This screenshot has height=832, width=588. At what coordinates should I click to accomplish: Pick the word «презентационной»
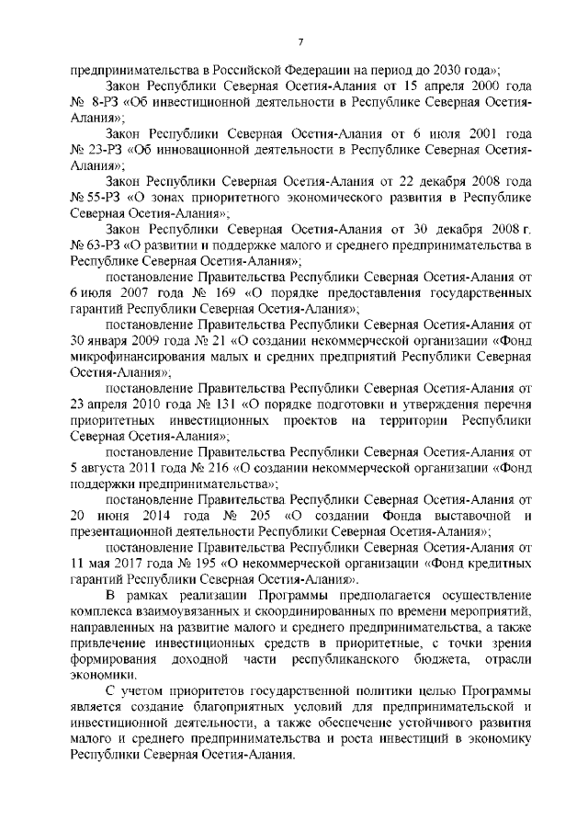pos(121,534)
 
